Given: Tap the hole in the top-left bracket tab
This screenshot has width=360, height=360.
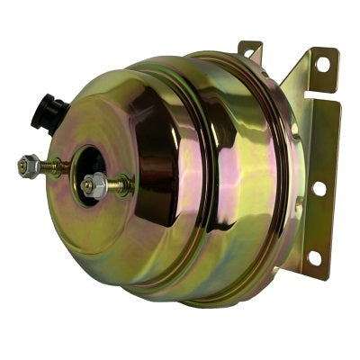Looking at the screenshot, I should point(248,51).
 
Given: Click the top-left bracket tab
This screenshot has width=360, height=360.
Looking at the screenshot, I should point(249,49).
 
